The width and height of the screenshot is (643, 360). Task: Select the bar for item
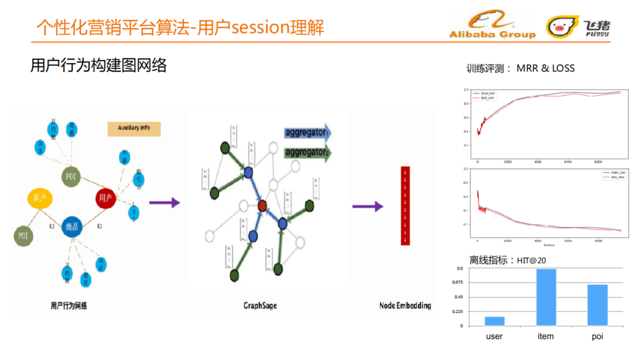(546, 297)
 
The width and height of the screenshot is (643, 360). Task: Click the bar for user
(495, 321)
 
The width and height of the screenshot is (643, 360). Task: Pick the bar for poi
(597, 305)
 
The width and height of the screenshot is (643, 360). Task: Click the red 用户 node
(105, 198)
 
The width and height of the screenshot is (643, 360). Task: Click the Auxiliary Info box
(134, 129)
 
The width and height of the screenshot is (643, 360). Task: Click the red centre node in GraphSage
(262, 206)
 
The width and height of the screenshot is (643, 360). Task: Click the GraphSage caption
(260, 306)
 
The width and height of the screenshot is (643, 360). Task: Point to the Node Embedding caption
(405, 306)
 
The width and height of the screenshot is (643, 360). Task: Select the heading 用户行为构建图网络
(99, 65)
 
